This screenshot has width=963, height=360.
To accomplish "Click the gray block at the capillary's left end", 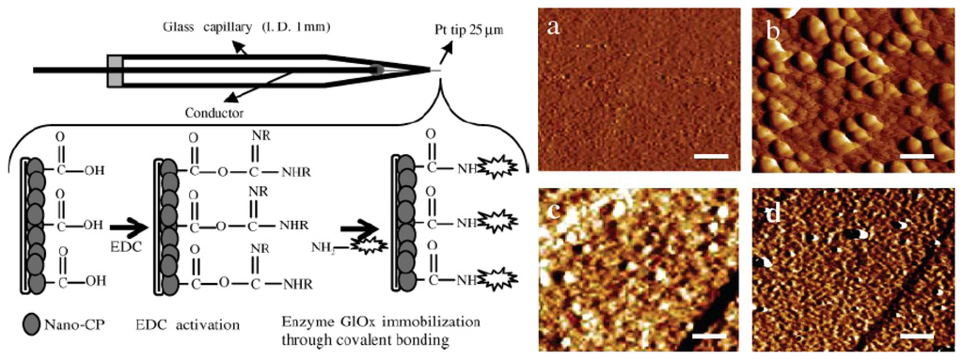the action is click(x=114, y=69).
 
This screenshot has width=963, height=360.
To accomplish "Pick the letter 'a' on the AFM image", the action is click(x=555, y=27).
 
